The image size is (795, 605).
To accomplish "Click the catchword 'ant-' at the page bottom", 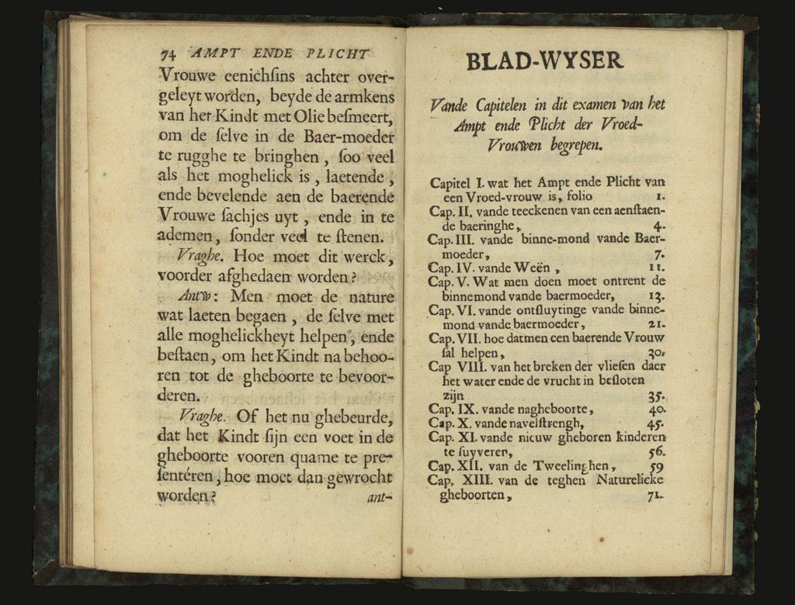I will (x=380, y=497).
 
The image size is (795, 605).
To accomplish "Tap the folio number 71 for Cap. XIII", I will (x=654, y=498).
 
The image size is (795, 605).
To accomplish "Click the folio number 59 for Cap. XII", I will (x=656, y=467).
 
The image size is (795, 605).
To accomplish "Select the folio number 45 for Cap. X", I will (x=656, y=424).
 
